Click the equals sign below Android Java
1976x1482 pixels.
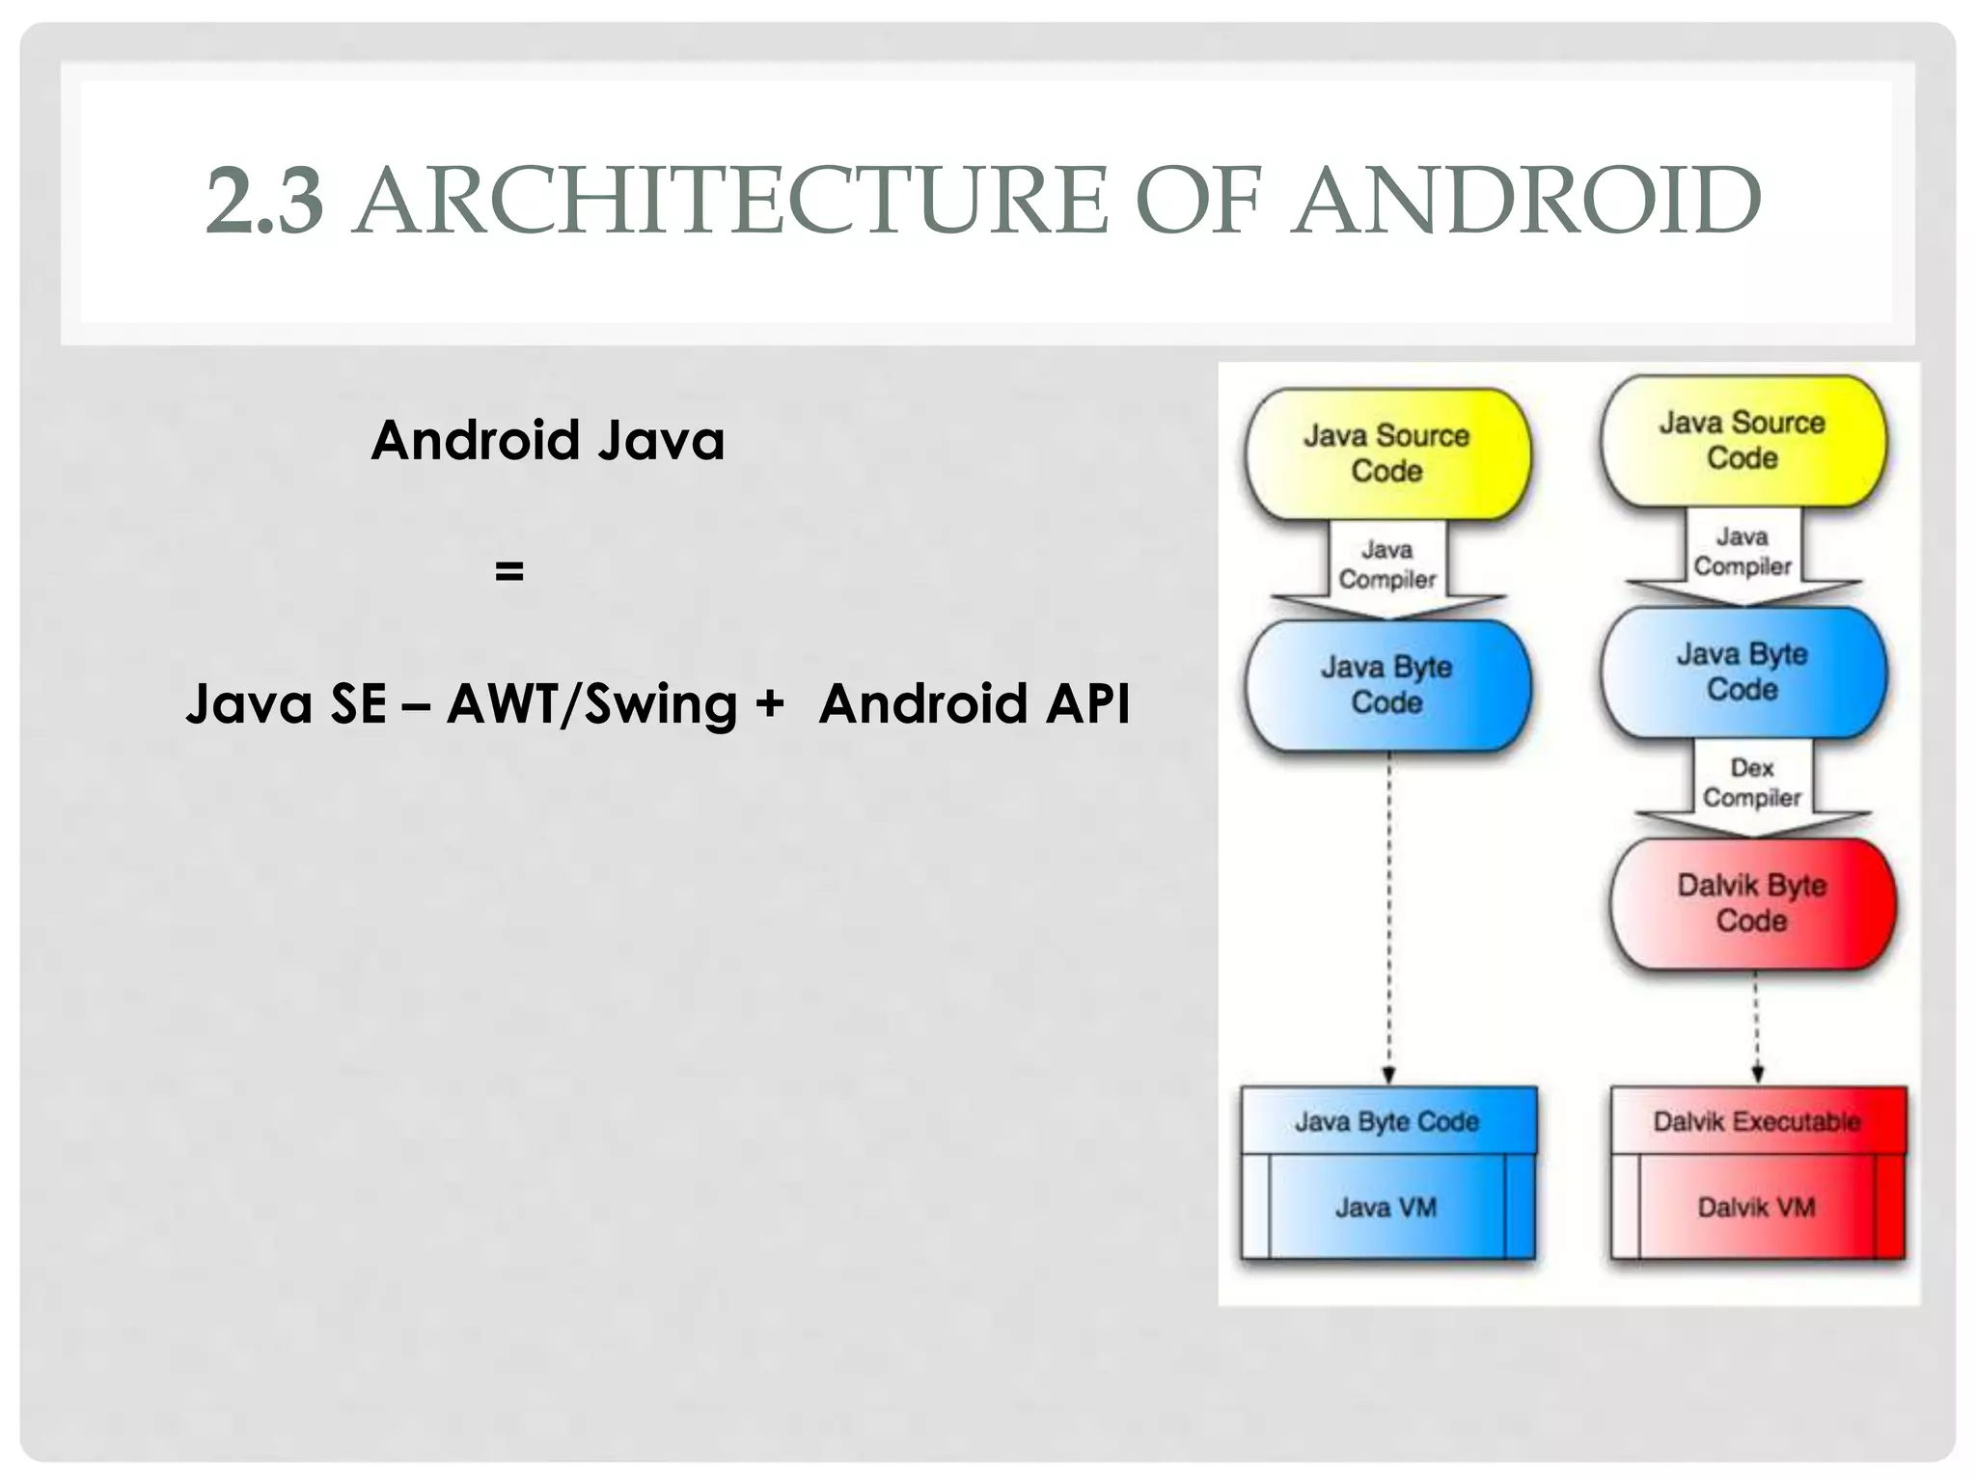[508, 571]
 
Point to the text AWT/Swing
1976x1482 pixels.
[591, 703]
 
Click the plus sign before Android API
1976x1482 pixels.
[769, 703]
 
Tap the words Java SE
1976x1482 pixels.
[286, 703]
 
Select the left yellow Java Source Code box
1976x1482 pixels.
[1386, 453]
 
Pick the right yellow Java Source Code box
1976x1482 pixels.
[1743, 440]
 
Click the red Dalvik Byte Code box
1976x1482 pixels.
[1752, 903]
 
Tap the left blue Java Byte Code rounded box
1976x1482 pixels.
[1386, 685]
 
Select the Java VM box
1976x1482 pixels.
[1386, 1207]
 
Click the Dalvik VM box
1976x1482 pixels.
[1757, 1207]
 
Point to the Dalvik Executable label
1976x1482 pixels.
[1757, 1121]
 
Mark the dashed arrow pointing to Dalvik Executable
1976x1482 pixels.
[1757, 1028]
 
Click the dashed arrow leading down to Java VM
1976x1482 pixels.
[1388, 917]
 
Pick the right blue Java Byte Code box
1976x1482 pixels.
[1743, 672]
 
